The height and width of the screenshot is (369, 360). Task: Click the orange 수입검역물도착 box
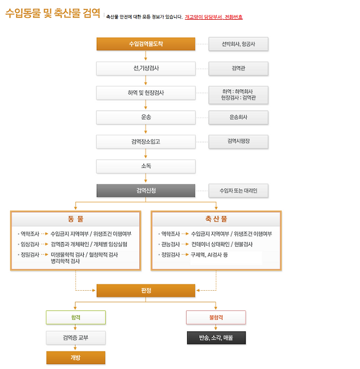click(x=146, y=44)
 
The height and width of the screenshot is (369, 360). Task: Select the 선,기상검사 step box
click(x=146, y=68)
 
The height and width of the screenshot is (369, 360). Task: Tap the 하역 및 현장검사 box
click(x=146, y=93)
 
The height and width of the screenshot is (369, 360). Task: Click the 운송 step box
click(x=146, y=117)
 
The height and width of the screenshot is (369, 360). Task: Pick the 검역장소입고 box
click(x=146, y=141)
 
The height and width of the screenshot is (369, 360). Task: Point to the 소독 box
click(x=146, y=166)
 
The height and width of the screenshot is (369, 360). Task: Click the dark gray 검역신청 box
click(x=146, y=191)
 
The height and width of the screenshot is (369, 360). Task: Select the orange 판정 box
click(x=146, y=290)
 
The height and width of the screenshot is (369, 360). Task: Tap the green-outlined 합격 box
click(x=76, y=317)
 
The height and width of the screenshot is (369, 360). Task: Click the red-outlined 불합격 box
click(x=216, y=317)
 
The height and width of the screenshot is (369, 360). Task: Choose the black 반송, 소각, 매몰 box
click(x=216, y=338)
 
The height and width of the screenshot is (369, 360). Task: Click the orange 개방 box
click(x=76, y=358)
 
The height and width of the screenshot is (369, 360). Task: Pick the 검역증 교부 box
click(x=76, y=338)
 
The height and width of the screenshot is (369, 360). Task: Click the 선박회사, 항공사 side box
click(x=239, y=44)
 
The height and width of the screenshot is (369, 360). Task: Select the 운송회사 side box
click(x=239, y=117)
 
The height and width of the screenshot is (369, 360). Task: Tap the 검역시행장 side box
click(x=239, y=141)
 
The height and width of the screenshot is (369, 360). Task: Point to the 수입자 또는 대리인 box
click(x=239, y=191)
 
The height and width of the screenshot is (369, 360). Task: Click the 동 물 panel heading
click(x=76, y=219)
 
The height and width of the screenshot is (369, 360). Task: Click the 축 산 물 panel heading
click(x=216, y=219)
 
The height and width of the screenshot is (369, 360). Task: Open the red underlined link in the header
click(x=213, y=17)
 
